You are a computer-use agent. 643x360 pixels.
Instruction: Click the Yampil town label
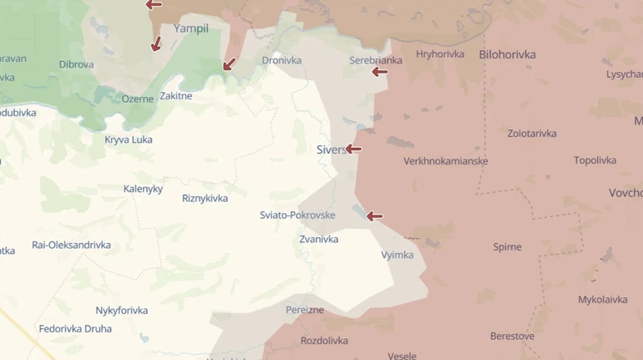pos(190,28)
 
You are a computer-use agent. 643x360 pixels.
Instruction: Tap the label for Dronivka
pos(281,60)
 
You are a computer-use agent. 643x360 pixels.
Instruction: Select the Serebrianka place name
pos(376,60)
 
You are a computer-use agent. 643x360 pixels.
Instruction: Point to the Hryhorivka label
pos(440,54)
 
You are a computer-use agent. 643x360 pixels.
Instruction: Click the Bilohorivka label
pos(508,54)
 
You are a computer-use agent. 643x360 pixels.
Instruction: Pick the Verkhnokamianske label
pos(446,161)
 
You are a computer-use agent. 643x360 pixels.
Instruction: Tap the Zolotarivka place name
pos(532,134)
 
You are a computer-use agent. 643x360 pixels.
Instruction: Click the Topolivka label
pos(595,160)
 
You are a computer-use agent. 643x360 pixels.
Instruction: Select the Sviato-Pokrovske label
pos(297,215)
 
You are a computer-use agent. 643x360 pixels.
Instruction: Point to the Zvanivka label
pos(319,239)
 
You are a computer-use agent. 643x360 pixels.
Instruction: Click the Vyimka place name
pos(397,255)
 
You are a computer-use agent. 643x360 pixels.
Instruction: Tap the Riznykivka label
pos(205,198)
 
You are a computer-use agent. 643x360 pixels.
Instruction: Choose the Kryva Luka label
pos(129,139)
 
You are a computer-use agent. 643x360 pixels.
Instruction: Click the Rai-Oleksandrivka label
pos(71,245)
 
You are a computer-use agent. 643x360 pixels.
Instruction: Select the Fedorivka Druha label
pos(75,329)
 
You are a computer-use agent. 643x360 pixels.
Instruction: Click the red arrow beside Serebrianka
pos(380,72)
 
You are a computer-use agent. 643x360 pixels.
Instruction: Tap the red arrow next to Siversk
pos(353,150)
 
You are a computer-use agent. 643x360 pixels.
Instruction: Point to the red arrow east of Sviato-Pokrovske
pos(374,216)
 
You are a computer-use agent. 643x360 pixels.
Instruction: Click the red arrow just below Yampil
pos(155,44)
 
